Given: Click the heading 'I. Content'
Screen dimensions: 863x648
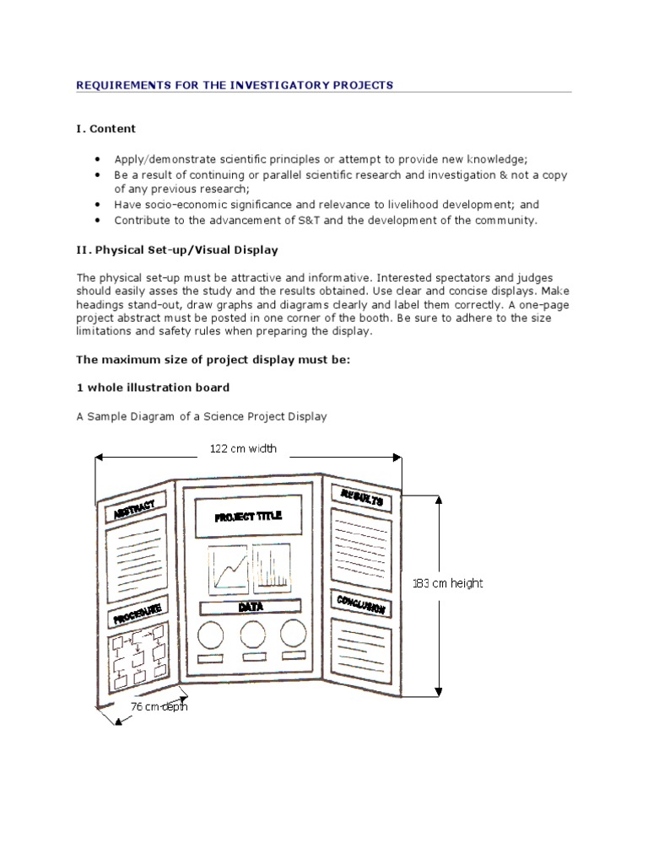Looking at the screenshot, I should (105, 129).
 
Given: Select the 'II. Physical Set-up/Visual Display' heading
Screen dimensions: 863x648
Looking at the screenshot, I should (177, 250).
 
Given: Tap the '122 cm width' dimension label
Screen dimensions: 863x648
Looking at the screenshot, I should (243, 448).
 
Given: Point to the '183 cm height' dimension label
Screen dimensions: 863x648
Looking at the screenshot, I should (448, 582).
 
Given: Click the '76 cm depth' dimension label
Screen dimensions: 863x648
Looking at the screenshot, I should (159, 706).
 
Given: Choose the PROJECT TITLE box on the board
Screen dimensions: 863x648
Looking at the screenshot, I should (249, 517).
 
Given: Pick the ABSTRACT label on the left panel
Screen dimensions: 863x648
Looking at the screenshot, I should (134, 508).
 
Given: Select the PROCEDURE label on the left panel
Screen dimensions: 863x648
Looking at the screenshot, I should (135, 612).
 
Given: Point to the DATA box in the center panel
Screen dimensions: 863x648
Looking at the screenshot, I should (251, 607).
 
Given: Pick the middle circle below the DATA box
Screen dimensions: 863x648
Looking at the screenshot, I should (254, 634).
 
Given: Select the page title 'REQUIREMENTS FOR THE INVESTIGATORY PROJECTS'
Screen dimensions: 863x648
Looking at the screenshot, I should (235, 85).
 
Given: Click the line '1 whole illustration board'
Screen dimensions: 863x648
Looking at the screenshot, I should (153, 388).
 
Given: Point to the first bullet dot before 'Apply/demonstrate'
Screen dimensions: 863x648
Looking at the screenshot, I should (98, 158).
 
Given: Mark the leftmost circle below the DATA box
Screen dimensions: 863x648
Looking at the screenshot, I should (211, 634).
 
